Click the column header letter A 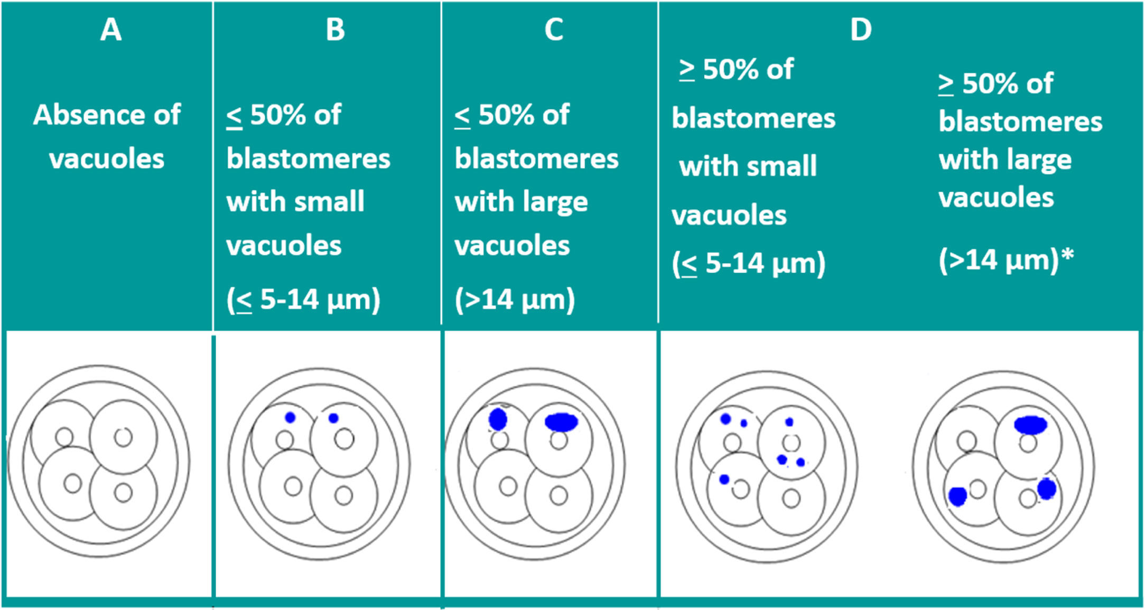pos(111,30)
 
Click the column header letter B pos(336,30)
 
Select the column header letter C pos(554,30)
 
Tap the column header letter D pos(861,30)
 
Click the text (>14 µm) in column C pos(515,299)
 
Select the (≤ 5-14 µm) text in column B pos(303,299)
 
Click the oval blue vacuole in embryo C pos(561,422)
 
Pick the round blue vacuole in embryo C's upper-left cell pos(498,419)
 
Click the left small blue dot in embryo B pos(290,418)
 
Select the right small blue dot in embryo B pos(333,418)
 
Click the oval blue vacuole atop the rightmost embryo pos(1030,424)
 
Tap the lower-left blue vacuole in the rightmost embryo pos(957,496)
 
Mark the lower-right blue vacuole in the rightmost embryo pos(1046,489)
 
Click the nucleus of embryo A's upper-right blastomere pos(124,437)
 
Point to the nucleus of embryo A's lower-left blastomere pos(72,483)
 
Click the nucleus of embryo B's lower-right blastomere pos(344,495)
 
